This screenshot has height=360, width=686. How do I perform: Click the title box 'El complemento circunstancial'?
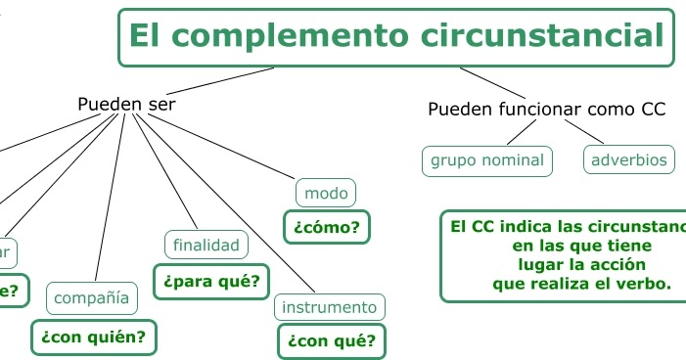(x=396, y=37)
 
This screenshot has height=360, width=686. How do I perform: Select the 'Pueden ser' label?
(x=126, y=104)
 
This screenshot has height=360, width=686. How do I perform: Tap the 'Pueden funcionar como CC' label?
(x=546, y=109)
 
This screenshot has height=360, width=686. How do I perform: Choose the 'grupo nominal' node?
(x=487, y=159)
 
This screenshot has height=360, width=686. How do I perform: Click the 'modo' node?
(x=326, y=193)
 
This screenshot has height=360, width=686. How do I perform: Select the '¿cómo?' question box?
(x=326, y=228)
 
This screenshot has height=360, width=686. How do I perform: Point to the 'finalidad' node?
(x=206, y=245)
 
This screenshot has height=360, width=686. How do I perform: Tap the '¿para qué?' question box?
(x=211, y=282)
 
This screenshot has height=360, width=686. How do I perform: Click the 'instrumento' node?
(x=329, y=307)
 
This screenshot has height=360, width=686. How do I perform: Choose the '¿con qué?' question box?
(x=332, y=341)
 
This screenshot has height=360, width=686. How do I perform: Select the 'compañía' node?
(x=94, y=296)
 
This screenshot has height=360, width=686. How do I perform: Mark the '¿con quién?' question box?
(x=93, y=337)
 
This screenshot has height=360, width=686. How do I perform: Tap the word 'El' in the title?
(x=144, y=37)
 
